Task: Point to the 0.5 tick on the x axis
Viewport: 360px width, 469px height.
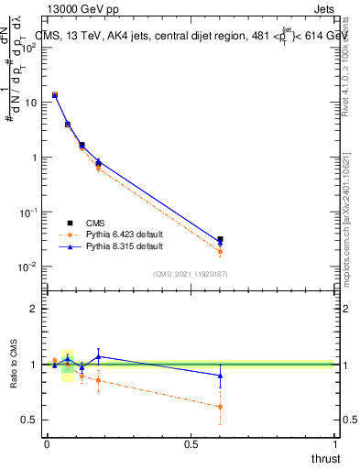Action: click(191, 444)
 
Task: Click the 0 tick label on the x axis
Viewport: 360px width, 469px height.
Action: click(47, 444)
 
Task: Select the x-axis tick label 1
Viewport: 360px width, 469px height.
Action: click(336, 444)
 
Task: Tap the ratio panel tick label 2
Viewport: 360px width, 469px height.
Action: click(34, 309)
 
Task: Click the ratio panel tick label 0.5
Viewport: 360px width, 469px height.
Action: click(30, 420)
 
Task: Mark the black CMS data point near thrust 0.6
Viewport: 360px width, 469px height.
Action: click(220, 240)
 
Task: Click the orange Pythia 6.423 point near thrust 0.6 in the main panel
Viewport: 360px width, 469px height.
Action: click(220, 252)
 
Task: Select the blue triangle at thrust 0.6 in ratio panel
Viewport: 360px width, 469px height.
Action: click(220, 376)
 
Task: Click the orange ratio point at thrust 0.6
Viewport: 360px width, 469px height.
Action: click(220, 407)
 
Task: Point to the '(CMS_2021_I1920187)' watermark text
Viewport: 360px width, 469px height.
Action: click(190, 274)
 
